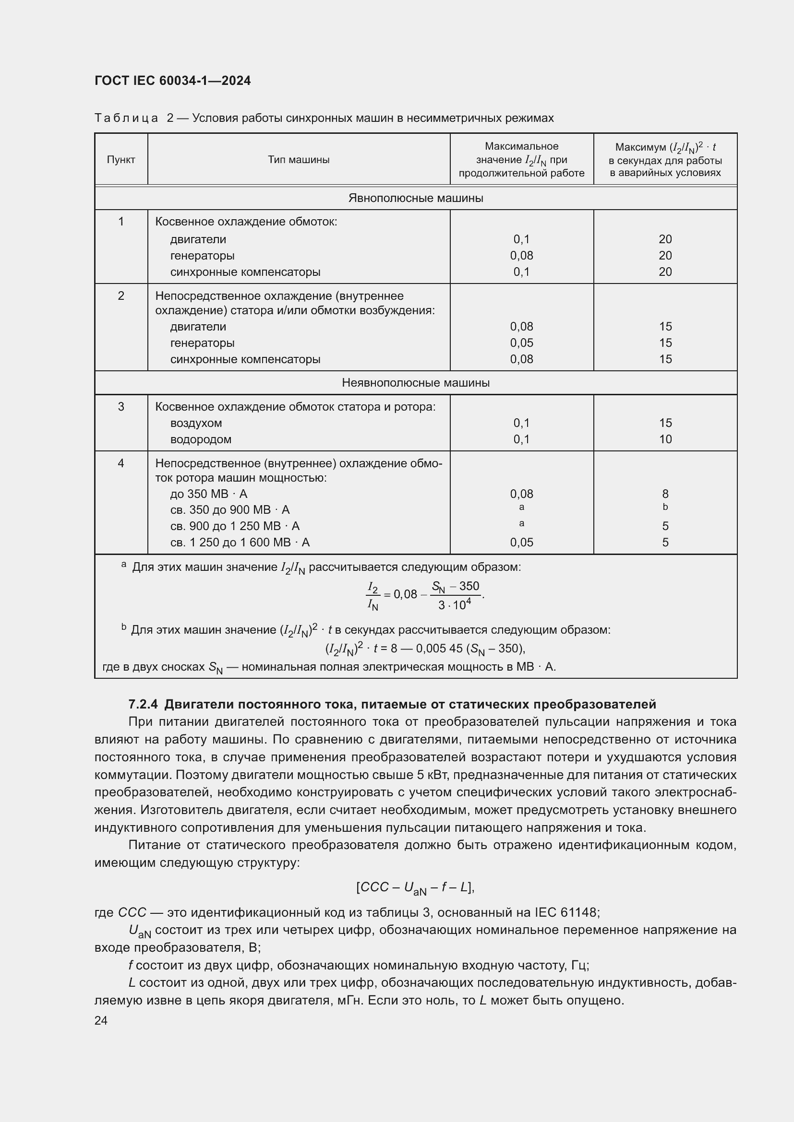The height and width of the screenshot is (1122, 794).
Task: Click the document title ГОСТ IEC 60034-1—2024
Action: (172, 81)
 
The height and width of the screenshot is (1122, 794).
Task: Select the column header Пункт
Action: (121, 160)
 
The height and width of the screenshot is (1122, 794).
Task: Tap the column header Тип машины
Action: (298, 160)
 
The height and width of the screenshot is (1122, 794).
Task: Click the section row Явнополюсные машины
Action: (416, 198)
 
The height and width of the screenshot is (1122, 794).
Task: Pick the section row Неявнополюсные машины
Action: (416, 383)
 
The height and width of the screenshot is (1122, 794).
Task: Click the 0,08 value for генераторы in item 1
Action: (521, 256)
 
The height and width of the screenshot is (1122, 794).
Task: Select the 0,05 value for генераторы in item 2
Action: (521, 343)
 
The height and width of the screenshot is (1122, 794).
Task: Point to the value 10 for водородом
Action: (665, 439)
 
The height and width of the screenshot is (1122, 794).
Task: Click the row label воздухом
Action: (196, 423)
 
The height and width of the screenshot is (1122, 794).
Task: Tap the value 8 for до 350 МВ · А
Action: (665, 494)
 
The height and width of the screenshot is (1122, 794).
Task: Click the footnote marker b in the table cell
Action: (665, 507)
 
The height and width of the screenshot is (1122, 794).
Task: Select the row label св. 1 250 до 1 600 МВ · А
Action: (240, 543)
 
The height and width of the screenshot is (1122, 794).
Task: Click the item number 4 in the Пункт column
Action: (121, 463)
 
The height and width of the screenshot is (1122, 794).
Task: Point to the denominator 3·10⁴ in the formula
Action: (454, 605)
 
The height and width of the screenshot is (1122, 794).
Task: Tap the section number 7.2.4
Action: (143, 705)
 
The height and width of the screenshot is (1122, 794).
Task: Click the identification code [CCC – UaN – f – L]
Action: (415, 887)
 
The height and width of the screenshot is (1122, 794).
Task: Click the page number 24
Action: (101, 1021)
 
